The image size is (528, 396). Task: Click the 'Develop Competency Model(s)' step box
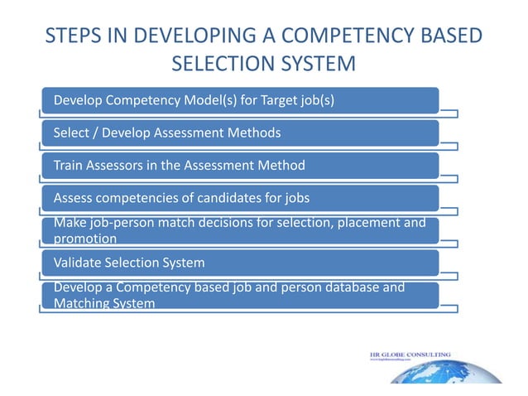pos(240,101)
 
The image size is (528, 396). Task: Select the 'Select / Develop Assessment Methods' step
pos(240,133)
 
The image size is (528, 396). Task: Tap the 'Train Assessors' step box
pos(240,165)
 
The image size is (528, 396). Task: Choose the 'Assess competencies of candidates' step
pos(240,198)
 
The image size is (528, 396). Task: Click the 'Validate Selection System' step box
pos(240,263)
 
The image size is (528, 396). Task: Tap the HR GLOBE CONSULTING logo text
pos(410,355)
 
